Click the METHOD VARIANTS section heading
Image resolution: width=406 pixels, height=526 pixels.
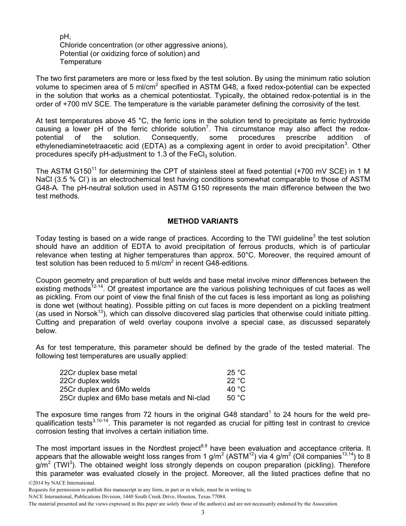click(x=203, y=221)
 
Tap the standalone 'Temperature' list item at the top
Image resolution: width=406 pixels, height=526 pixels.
click(x=80, y=62)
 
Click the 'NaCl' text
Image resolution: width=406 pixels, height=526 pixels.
click(x=44, y=180)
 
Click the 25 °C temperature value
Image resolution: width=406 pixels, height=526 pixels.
click(x=236, y=372)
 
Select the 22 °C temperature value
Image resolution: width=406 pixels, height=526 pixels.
click(x=236, y=381)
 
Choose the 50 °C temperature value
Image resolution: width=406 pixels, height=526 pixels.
click(x=236, y=398)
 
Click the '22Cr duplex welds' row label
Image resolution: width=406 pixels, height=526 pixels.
click(x=89, y=381)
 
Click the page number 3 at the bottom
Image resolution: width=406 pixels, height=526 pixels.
click(x=203, y=512)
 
